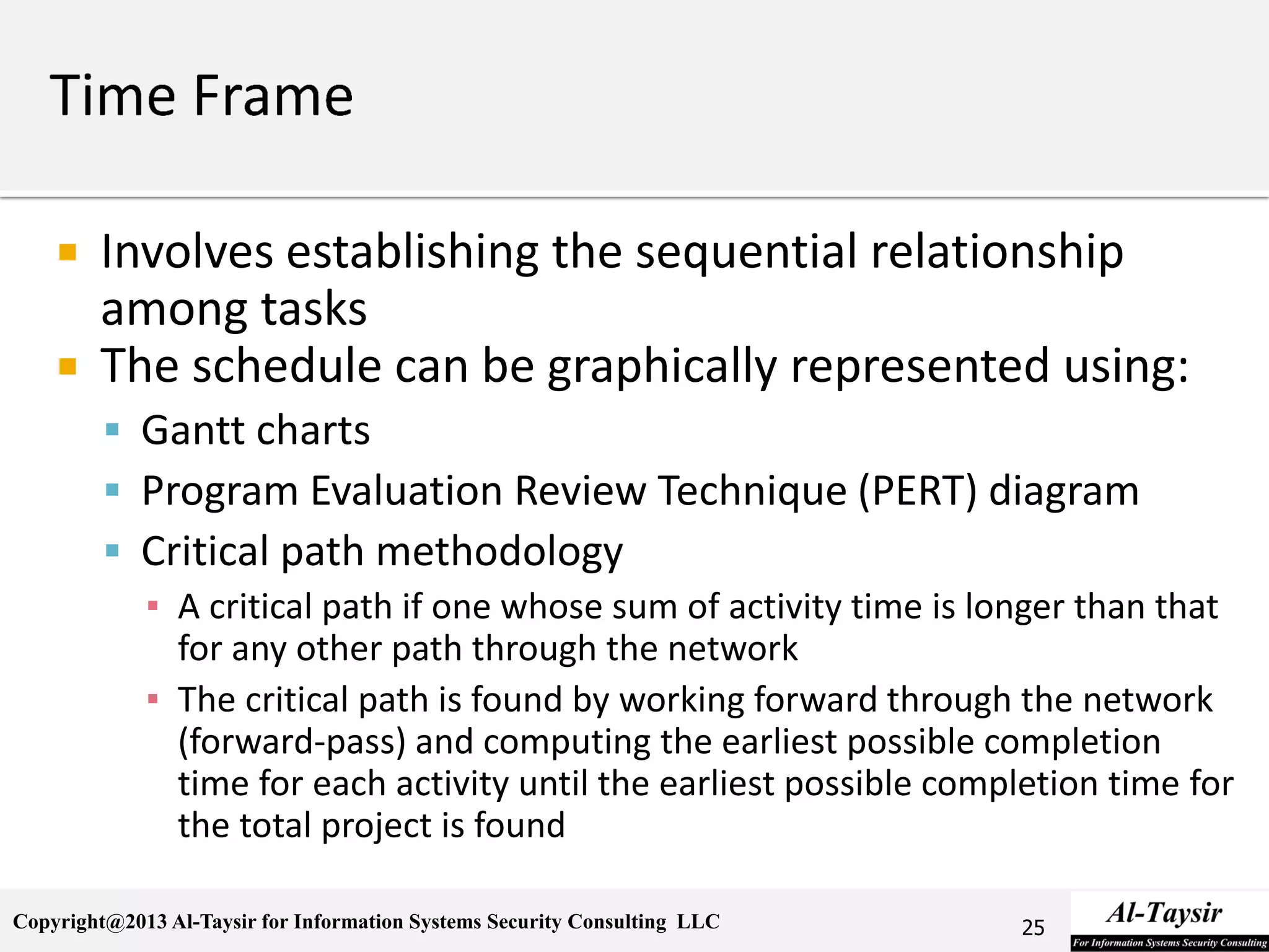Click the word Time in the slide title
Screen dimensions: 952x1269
tap(113, 96)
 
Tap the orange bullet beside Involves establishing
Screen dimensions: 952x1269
tap(68, 252)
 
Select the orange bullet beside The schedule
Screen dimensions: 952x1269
tap(68, 366)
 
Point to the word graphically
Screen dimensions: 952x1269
tap(661, 367)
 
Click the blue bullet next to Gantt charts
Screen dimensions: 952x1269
tap(112, 430)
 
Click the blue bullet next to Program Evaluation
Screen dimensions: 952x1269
tap(112, 490)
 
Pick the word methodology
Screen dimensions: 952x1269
tap(499, 552)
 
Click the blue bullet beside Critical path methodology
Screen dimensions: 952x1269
tap(112, 550)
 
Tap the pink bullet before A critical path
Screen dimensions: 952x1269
tap(153, 606)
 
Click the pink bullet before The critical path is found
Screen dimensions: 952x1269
tap(153, 699)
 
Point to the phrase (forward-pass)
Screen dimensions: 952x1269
tap(292, 742)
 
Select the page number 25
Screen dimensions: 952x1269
tap(1033, 927)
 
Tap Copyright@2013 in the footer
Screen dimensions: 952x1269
tap(90, 922)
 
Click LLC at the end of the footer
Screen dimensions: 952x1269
tap(698, 922)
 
